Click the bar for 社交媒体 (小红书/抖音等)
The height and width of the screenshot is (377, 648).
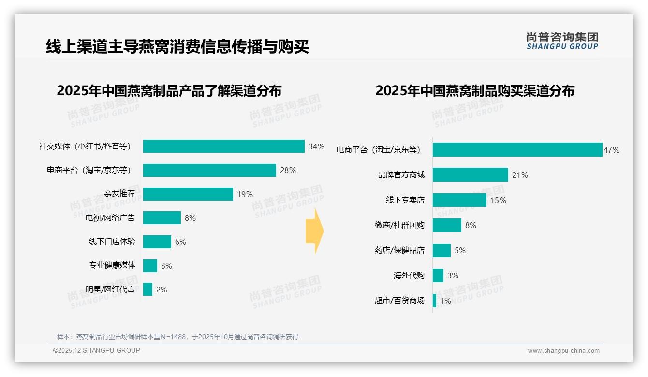(x=223, y=146)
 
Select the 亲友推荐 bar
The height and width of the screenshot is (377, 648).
(x=188, y=194)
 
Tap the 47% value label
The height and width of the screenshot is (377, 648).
(x=611, y=150)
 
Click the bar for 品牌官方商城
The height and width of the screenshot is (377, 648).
(x=470, y=175)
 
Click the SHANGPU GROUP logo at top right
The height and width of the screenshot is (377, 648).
(x=562, y=41)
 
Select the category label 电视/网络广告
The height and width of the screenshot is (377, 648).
(x=110, y=218)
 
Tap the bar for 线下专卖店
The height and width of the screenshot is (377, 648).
(x=459, y=200)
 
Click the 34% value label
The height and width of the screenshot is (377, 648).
(x=316, y=146)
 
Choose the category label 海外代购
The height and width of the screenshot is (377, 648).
(x=409, y=275)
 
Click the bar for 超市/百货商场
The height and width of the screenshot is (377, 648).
(x=434, y=301)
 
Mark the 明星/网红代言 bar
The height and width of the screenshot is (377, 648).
(x=147, y=290)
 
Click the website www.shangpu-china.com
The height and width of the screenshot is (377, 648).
(x=563, y=351)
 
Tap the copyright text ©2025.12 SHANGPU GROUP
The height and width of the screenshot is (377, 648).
(x=96, y=350)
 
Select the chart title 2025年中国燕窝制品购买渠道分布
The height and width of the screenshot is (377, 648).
(x=474, y=91)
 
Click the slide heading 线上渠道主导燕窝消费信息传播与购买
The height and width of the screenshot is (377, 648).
(x=177, y=47)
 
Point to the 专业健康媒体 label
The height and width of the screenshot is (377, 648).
(x=112, y=265)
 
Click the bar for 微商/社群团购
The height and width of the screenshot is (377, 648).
(x=447, y=225)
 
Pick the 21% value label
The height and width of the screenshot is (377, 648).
(x=520, y=175)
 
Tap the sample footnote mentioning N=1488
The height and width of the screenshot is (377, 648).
(x=177, y=337)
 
